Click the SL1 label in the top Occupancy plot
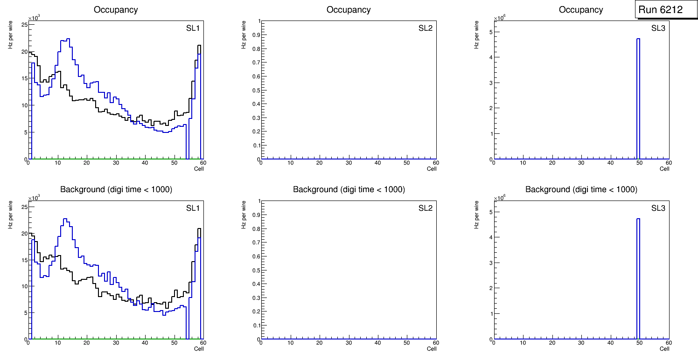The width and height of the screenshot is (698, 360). click(193, 28)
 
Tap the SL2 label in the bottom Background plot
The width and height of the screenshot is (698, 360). click(426, 208)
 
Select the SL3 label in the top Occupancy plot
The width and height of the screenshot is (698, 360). click(658, 28)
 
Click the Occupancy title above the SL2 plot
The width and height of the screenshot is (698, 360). click(349, 10)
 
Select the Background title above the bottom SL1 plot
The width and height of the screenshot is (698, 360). click(116, 189)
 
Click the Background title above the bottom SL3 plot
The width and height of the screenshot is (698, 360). click(581, 189)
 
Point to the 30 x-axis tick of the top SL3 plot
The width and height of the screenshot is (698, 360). click(581, 163)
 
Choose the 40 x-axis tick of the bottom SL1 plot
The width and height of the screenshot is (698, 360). click(145, 343)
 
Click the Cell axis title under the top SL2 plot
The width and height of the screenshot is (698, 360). click(432, 168)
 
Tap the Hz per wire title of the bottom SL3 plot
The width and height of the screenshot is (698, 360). click(477, 215)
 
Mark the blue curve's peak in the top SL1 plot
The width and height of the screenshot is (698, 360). click(68, 39)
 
